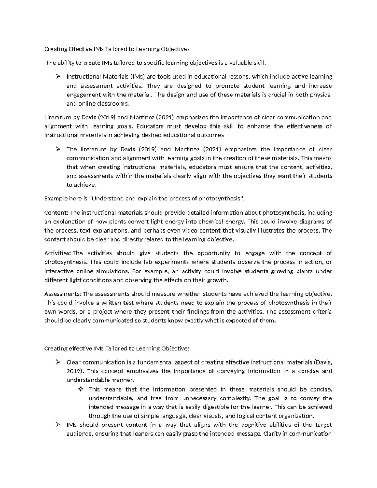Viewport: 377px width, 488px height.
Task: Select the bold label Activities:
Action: pos(58,253)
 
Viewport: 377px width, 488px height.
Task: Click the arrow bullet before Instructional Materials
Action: pos(57,76)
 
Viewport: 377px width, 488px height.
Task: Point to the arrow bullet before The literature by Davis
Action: pos(57,149)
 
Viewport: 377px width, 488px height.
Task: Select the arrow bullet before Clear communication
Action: pos(57,362)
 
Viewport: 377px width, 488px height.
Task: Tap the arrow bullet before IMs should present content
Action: pos(57,425)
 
